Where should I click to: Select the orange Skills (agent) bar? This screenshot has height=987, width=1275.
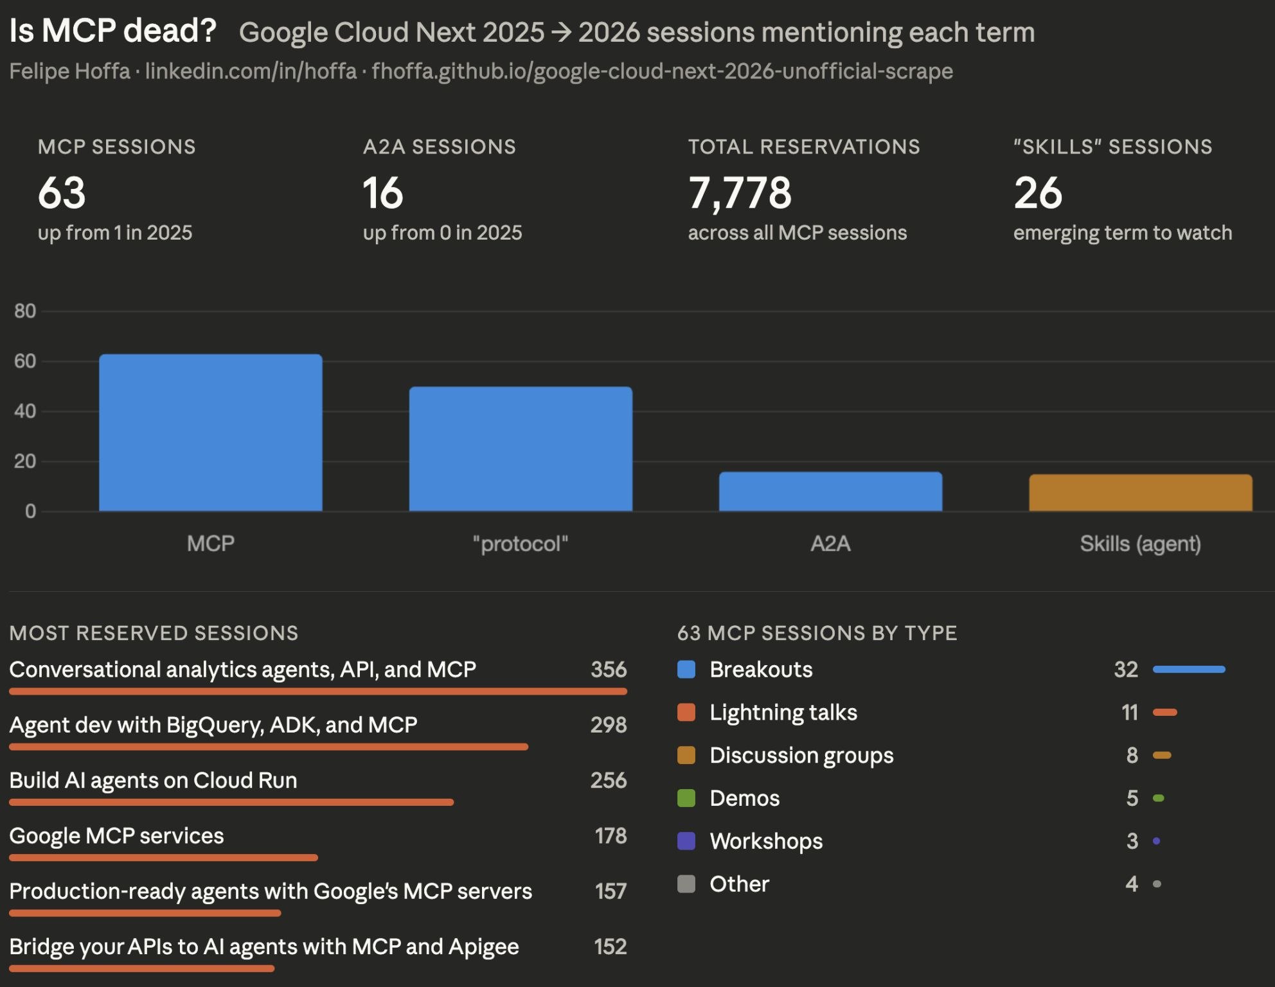coord(1140,493)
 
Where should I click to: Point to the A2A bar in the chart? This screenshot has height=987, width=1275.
coord(830,492)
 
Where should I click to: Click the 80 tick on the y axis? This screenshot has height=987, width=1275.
coord(25,311)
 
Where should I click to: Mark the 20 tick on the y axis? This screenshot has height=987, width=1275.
coord(25,461)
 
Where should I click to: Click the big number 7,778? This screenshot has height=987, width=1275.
coord(740,193)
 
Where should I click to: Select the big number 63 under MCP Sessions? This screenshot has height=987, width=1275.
coord(62,193)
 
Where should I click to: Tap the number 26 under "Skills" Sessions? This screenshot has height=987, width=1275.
coord(1038,193)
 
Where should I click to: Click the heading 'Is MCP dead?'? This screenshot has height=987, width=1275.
coord(113,31)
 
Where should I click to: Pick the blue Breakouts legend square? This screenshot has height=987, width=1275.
coord(686,670)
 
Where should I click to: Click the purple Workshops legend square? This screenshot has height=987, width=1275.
coord(686,841)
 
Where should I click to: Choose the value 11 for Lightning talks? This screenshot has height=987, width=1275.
coord(1129,713)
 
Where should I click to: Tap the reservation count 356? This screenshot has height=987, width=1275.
coord(608,670)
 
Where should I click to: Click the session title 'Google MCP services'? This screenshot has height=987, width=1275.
coord(116,836)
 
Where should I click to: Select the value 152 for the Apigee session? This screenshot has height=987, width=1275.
coord(610,947)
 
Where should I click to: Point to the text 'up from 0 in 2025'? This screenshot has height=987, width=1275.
coord(442,233)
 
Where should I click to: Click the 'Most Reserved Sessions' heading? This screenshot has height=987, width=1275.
coord(154,633)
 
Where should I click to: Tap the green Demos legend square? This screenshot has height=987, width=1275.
coord(686,798)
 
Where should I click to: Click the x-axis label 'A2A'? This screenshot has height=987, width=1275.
coord(830,544)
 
